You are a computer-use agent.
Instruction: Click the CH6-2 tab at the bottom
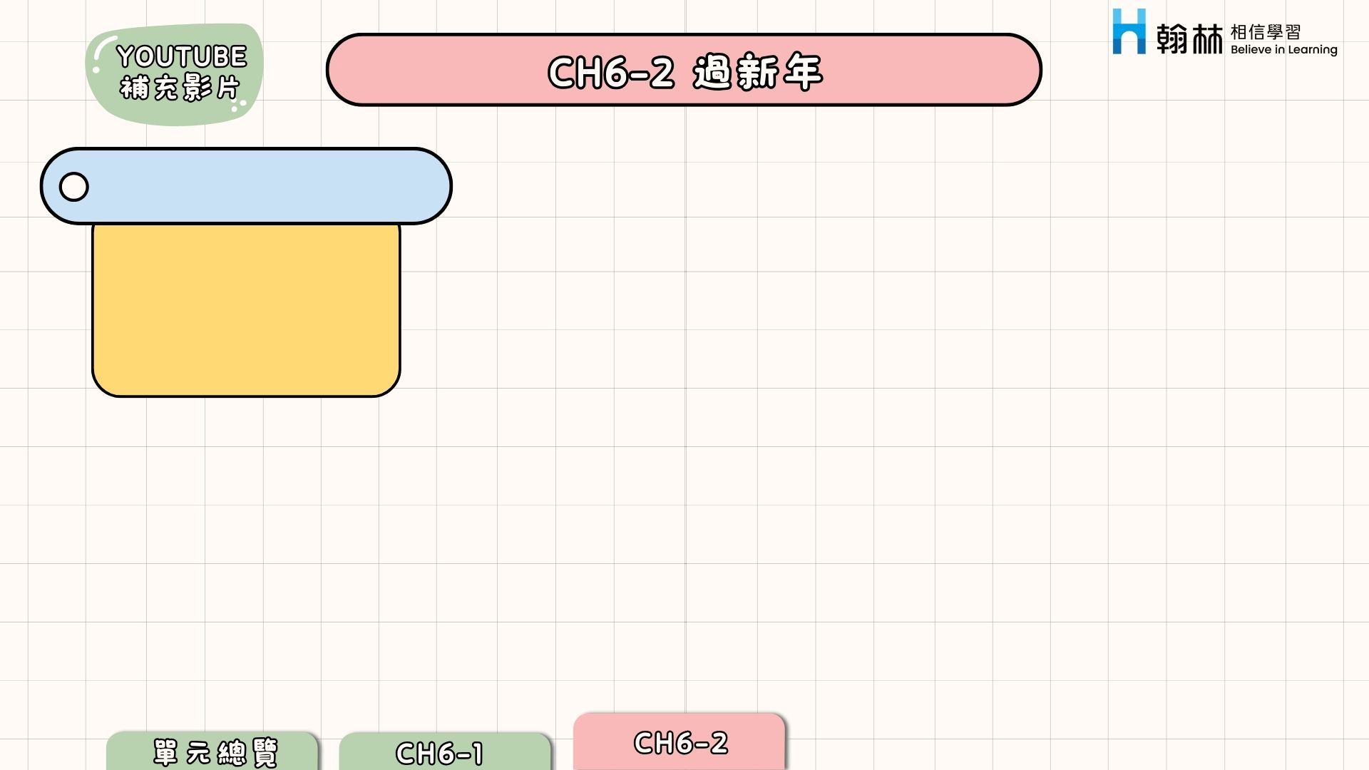680,743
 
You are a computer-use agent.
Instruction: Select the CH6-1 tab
439,753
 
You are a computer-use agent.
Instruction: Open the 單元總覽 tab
214,753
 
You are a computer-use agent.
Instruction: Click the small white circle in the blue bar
74,187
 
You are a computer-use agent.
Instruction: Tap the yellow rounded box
246,310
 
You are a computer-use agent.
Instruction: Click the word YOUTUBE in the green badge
181,56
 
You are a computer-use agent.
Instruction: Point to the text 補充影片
180,88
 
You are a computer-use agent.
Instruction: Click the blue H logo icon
1129,32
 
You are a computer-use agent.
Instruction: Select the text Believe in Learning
1283,50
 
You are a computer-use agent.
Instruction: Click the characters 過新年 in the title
757,71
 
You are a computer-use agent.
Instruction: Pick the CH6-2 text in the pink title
610,72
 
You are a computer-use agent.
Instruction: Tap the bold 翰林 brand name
1189,38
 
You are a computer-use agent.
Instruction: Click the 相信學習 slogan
1266,32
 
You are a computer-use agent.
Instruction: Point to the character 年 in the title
803,71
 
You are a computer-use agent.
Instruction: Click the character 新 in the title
757,71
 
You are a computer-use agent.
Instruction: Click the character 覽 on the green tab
265,753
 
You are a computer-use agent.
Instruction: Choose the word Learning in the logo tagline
1312,50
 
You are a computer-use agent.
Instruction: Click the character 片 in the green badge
227,88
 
